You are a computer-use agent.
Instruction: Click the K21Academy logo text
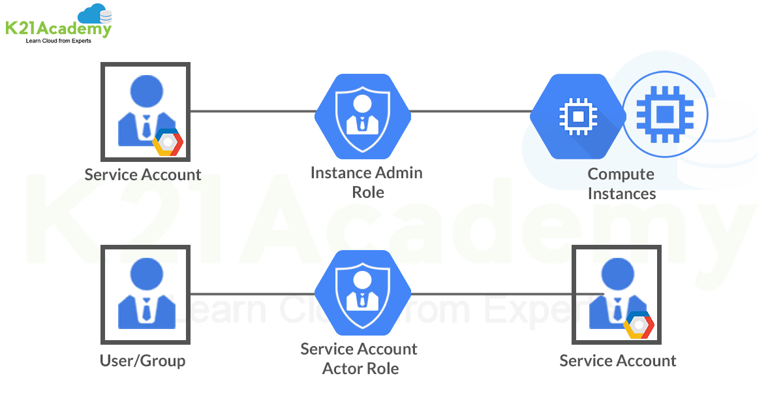pos(57,28)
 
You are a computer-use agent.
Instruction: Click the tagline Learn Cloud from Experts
pos(58,41)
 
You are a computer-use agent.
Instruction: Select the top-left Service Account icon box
pos(145,112)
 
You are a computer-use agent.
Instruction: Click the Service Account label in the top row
pos(143,175)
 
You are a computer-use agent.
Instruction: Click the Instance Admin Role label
pos(367,182)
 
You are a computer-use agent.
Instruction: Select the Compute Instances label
pos(621,183)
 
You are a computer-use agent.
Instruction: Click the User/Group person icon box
pos(145,294)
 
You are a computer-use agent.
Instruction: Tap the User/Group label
pos(142,360)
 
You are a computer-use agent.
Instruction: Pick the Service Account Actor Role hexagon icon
pos(363,293)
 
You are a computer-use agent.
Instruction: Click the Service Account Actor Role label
pos(360,358)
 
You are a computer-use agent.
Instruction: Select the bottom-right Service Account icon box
pos(617,294)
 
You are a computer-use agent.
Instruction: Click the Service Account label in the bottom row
pos(618,360)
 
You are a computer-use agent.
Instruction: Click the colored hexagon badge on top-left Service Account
pos(168,142)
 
